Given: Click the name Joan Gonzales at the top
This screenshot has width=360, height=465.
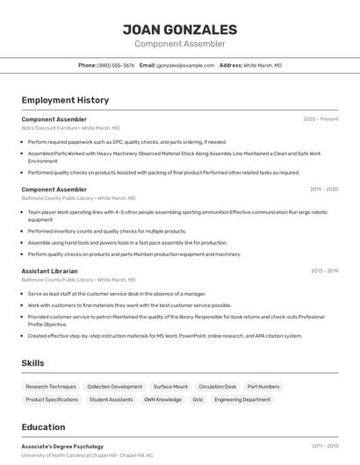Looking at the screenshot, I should point(179,29).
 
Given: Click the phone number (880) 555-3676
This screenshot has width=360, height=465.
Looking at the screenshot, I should point(116,65).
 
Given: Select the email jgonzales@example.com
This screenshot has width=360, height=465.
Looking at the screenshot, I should point(185,65).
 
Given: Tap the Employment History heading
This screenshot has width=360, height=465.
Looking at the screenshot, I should point(65,100).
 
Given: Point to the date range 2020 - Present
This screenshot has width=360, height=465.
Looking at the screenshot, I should point(320,119).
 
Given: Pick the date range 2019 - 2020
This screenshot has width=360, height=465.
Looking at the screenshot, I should point(323,189).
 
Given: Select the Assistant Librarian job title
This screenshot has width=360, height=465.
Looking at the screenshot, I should point(49,271).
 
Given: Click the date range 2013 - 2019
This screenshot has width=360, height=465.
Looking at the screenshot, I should point(323,271).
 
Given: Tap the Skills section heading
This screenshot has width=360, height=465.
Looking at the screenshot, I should point(33,362).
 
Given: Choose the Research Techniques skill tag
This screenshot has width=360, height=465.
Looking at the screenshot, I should point(51,386).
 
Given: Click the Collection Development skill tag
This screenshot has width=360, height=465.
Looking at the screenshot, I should point(114,386).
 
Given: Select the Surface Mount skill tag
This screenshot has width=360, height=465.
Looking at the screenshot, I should point(170,386).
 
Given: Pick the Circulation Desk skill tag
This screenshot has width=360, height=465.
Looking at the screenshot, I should point(217,386).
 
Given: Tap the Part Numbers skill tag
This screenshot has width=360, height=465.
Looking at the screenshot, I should point(263,386).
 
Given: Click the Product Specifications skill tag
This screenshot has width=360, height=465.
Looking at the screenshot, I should point(52,399).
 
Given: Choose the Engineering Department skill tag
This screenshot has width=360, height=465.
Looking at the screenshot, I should point(242,399).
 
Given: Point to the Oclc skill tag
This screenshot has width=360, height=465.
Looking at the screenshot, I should point(198,399).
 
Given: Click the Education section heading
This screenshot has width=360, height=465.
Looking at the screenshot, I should point(43,427).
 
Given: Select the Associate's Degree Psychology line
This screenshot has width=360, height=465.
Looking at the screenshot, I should point(62,447).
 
